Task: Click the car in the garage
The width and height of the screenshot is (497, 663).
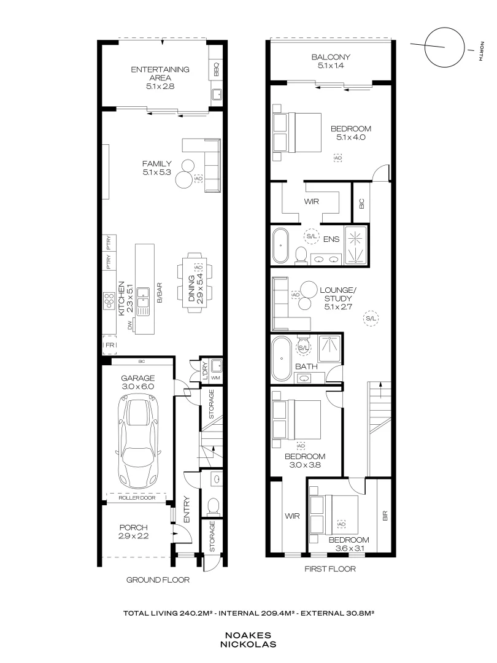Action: click(x=138, y=441)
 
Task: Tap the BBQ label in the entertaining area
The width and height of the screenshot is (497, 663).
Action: click(x=216, y=69)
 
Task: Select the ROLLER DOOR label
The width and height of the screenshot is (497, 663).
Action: click(x=137, y=498)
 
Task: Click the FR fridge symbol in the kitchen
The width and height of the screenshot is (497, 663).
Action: click(x=110, y=345)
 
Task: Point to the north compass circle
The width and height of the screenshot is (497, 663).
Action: click(x=445, y=47)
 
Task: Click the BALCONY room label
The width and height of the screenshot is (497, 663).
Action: click(x=331, y=56)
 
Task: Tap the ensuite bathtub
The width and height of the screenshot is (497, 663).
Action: click(x=280, y=245)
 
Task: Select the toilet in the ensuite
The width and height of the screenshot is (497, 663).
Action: click(x=301, y=255)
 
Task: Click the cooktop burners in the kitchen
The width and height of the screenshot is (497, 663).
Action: click(x=109, y=301)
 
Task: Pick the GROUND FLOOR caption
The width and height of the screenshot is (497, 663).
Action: click(x=158, y=580)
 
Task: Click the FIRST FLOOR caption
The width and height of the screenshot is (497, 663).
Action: click(x=330, y=568)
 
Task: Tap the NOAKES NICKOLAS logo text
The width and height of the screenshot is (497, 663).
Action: click(x=248, y=640)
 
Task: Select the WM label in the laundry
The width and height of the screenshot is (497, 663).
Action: click(x=215, y=378)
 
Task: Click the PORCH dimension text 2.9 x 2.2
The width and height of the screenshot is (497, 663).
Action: click(x=134, y=536)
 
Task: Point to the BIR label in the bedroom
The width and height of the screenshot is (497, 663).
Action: click(x=385, y=516)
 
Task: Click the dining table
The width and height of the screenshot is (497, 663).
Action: click(x=195, y=282)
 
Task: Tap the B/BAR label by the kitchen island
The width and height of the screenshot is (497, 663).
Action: click(x=160, y=293)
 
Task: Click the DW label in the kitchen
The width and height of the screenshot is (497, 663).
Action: click(x=129, y=325)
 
